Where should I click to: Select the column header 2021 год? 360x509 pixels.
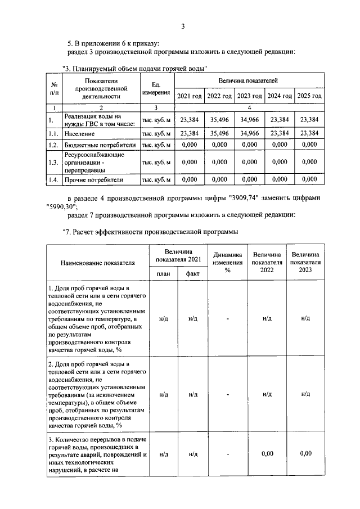click(x=189, y=96)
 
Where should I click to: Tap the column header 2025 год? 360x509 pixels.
click(x=309, y=96)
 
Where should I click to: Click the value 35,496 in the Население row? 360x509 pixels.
click(x=219, y=133)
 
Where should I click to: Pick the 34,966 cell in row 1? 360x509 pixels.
click(x=249, y=119)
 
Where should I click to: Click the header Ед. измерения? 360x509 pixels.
click(x=156, y=88)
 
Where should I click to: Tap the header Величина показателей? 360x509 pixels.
click(x=249, y=82)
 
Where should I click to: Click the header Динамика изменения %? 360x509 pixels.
click(x=228, y=262)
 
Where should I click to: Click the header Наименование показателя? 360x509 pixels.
click(x=98, y=262)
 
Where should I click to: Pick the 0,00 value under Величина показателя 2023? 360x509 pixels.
click(x=305, y=453)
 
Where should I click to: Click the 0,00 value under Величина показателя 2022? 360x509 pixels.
click(x=267, y=453)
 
